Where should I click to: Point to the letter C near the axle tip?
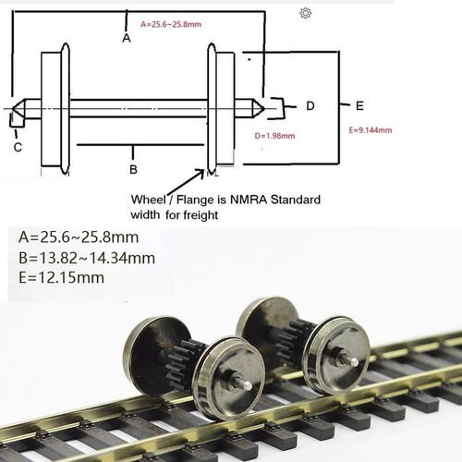coord(18,145)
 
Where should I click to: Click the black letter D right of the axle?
coord(310,105)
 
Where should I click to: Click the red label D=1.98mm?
coord(274,135)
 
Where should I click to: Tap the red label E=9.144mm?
coord(373,130)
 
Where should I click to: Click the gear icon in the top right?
coord(306,13)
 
